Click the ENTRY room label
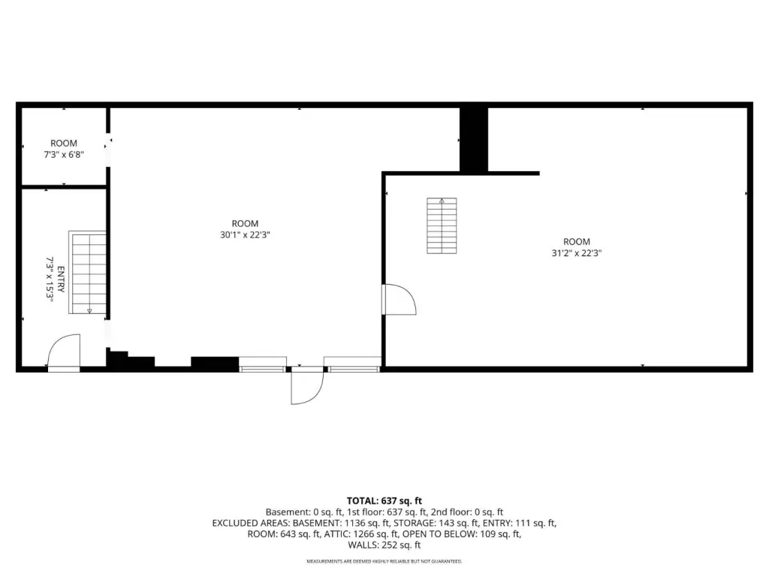point(61,279)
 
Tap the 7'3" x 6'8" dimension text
point(64,155)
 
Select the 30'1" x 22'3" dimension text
point(245,234)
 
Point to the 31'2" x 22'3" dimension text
point(576,253)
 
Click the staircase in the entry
point(87,272)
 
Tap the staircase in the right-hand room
point(442,225)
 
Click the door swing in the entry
point(64,350)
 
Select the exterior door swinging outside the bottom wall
point(307,386)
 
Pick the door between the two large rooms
point(400,299)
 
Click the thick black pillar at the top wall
point(474,140)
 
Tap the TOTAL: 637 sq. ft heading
point(384,501)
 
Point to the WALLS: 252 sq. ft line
point(384,545)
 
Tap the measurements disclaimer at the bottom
point(384,561)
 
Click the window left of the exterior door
point(262,364)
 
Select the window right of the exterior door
point(353,364)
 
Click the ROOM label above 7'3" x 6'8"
point(64,143)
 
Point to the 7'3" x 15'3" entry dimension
point(50,279)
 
